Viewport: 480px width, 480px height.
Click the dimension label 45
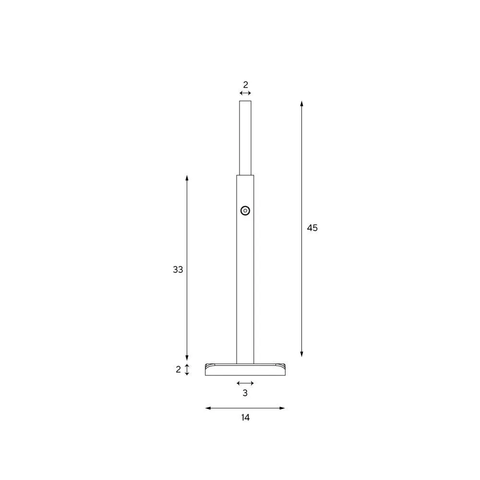[x=312, y=228]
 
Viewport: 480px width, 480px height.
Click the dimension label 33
[x=178, y=269]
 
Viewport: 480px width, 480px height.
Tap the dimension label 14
[x=245, y=417]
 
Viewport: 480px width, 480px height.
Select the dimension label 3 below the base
[x=245, y=393]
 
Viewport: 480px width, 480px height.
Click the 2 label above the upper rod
[x=245, y=84]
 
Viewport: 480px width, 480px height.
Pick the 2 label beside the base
[x=178, y=370]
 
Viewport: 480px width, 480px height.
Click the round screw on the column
[x=245, y=211]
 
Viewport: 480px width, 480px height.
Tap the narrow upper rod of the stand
[x=245, y=138]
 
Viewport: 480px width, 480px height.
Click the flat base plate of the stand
[x=245, y=370]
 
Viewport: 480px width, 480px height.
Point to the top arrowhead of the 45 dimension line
[x=301, y=104]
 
